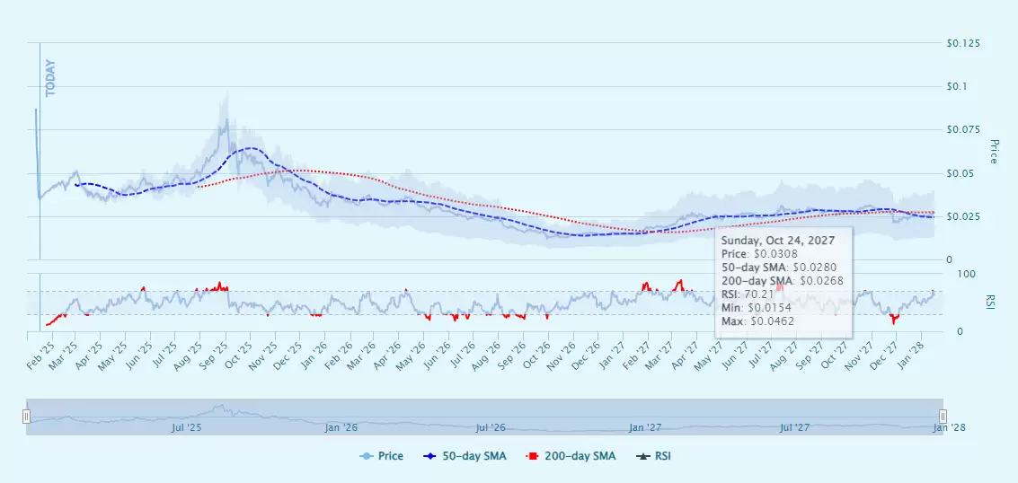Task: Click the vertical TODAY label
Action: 50,78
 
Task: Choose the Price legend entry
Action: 384,456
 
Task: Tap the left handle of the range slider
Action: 27,417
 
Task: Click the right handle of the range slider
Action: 943,417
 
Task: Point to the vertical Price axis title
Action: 994,151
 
